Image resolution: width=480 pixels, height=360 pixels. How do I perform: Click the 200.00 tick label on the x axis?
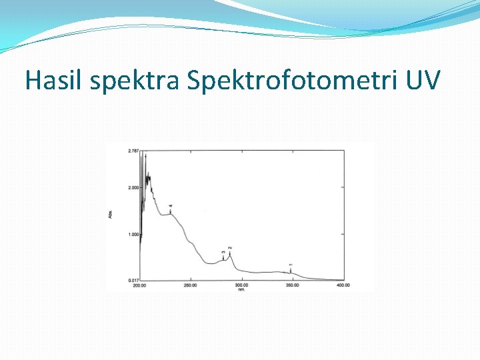click(139, 285)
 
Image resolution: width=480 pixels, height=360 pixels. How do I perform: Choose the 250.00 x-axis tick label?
click(191, 285)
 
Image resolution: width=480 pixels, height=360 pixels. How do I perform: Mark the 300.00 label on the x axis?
click(241, 285)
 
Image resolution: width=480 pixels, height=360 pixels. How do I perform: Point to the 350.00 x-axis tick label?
click(292, 285)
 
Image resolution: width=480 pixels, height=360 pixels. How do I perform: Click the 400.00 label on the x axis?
click(343, 285)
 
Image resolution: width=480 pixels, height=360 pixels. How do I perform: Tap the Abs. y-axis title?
click(111, 214)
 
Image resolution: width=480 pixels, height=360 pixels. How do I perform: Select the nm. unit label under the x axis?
click(241, 289)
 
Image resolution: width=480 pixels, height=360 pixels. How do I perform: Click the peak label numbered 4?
click(171, 207)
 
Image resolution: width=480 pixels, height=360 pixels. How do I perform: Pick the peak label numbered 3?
click(223, 253)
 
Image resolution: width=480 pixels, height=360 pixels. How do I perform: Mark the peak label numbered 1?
click(291, 265)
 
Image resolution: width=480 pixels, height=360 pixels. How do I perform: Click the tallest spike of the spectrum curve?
click(144, 155)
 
